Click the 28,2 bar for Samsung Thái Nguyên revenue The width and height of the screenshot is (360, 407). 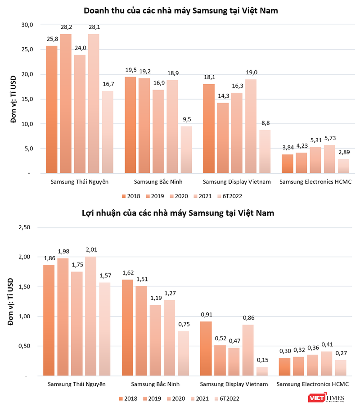click(x=66, y=104)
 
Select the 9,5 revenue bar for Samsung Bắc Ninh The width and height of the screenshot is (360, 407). click(x=186, y=149)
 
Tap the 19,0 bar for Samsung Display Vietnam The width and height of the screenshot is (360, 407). click(x=251, y=126)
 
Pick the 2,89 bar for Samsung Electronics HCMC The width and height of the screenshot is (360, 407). click(x=343, y=166)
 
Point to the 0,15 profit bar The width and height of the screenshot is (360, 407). click(x=261, y=371)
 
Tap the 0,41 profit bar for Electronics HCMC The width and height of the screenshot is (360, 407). click(x=327, y=363)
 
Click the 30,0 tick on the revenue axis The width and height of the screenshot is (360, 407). click(x=27, y=25)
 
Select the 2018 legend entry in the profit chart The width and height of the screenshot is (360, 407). click(x=128, y=398)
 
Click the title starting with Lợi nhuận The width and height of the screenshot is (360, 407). click(x=180, y=213)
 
